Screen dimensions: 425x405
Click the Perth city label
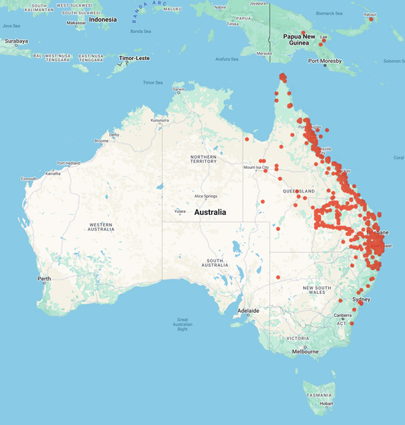(44, 278)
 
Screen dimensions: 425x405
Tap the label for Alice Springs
(205, 197)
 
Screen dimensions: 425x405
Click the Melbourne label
(305, 351)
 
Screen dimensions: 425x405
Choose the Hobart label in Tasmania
(327, 403)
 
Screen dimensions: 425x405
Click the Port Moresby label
(325, 61)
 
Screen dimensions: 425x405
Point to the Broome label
(101, 141)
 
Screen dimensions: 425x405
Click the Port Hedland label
(70, 163)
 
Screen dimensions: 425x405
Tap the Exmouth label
(29, 178)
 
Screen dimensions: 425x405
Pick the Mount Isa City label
(256, 167)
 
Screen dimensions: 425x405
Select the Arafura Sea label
(226, 59)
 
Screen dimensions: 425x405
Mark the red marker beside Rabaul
(371, 19)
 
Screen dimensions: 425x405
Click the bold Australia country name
(210, 212)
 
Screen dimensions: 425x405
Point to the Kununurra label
(160, 120)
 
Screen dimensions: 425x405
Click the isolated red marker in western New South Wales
(278, 277)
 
